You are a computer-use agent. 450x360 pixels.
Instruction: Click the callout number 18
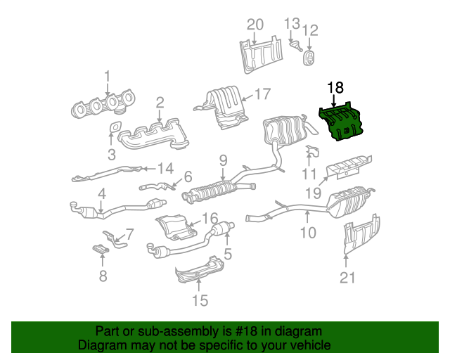(x=335, y=87)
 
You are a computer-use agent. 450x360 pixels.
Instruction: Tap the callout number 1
(x=108, y=75)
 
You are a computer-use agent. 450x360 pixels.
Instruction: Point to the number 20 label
(x=255, y=25)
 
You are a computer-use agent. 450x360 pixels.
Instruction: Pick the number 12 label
(x=310, y=30)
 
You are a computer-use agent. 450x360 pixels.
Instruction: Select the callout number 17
(x=262, y=94)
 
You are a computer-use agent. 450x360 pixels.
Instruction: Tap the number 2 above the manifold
(x=160, y=103)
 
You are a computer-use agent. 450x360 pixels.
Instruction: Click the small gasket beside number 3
(x=112, y=128)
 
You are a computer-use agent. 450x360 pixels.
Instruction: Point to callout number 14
(x=165, y=168)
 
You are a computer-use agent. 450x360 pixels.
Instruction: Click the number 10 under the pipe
(x=308, y=232)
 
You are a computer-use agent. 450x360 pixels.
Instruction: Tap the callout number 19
(x=314, y=192)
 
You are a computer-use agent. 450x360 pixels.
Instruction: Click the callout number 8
(x=103, y=276)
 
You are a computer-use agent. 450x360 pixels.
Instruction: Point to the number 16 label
(x=211, y=219)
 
